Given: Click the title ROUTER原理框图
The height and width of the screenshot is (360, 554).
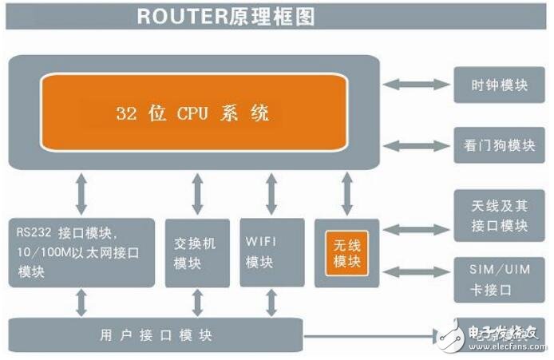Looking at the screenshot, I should [226, 15].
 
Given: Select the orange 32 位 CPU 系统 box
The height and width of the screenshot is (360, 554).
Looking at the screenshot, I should [194, 112].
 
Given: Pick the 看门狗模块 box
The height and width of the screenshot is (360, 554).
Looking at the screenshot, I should [499, 145].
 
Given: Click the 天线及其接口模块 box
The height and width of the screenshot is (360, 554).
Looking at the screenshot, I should [499, 215].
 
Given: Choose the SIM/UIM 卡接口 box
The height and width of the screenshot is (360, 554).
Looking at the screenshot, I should [499, 279].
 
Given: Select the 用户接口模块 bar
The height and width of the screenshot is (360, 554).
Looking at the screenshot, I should [156, 334].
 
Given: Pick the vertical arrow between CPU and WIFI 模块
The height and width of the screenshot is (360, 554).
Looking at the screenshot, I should [271, 192].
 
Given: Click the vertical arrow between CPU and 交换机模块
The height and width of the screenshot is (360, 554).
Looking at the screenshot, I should [198, 192].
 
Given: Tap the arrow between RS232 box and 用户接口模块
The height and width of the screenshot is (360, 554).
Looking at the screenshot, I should [81, 303].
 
